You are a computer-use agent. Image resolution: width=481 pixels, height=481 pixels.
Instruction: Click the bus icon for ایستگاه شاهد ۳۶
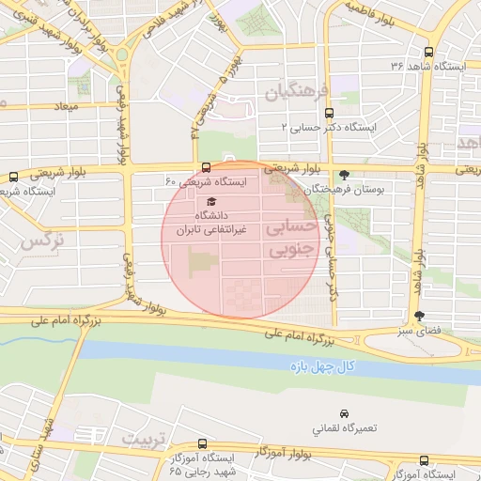[428, 53]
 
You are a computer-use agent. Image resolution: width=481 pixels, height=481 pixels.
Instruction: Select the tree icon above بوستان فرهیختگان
[344, 175]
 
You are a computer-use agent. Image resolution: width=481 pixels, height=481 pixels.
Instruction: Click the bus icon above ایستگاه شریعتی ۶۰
[206, 168]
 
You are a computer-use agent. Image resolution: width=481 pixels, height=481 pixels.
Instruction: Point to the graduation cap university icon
[210, 202]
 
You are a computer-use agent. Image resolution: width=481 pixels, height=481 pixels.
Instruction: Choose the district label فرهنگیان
[299, 93]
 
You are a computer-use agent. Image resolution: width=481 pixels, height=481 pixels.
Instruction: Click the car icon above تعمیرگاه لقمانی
[344, 413]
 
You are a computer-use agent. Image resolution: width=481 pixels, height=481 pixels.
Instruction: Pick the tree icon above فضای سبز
[419, 317]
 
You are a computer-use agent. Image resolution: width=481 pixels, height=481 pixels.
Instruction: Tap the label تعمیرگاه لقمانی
[344, 428]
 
